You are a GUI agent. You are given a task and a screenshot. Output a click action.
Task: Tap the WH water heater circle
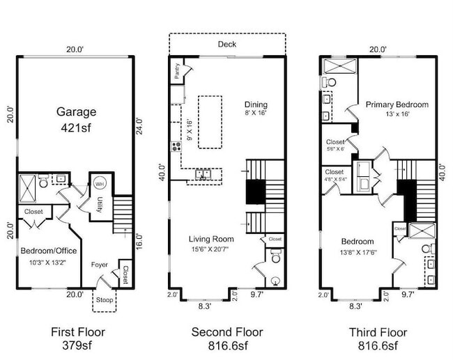point(98,184)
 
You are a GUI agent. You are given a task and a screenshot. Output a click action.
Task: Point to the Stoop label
point(105,301)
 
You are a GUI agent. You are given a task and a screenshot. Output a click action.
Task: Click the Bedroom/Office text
point(48,250)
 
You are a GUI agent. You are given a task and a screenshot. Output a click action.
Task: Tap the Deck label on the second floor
point(227,44)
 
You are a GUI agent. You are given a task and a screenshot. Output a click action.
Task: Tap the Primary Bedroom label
point(397,104)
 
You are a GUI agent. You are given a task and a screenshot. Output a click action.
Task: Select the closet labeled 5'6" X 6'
point(335,143)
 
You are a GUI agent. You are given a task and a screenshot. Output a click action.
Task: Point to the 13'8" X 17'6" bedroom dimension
point(357,252)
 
